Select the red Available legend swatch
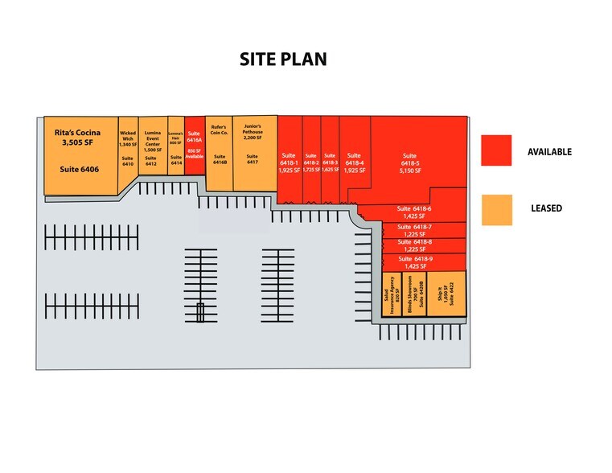pyautogui.click(x=496, y=150)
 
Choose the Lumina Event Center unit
pyautogui.click(x=152, y=149)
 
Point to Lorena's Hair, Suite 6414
pyautogui.click(x=176, y=149)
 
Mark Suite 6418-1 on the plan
pyautogui.click(x=290, y=161)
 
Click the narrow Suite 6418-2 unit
pyautogui.click(x=311, y=161)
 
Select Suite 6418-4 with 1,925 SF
pyautogui.click(x=354, y=161)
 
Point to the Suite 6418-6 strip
pyautogui.click(x=413, y=213)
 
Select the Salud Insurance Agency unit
pyautogui.click(x=391, y=297)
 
